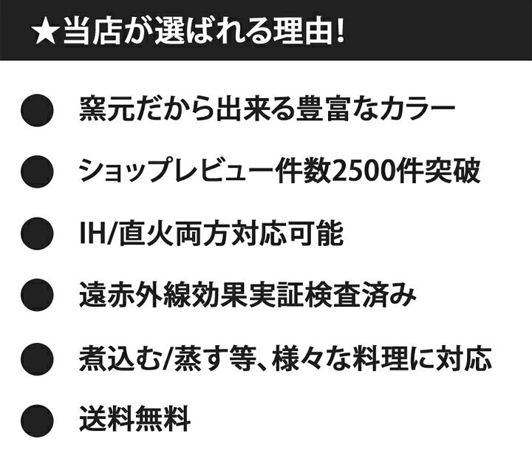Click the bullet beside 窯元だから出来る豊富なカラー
click(x=36, y=111)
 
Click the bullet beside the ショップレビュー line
click(x=36, y=172)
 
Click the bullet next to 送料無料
click(x=36, y=420)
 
